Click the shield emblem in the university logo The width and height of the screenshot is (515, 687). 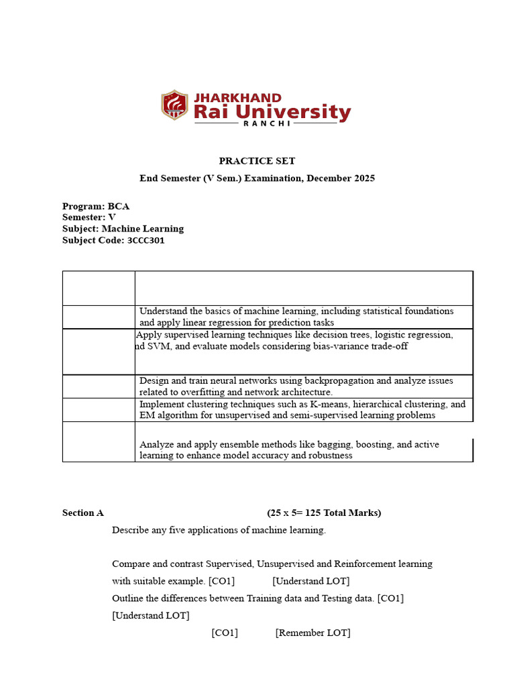[174, 105]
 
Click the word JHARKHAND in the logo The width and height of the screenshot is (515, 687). [237, 98]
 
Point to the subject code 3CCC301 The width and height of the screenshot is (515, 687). [146, 240]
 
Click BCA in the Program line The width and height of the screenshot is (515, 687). [119, 206]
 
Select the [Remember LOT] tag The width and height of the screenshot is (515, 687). [312, 633]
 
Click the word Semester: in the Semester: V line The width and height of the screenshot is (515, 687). [84, 217]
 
